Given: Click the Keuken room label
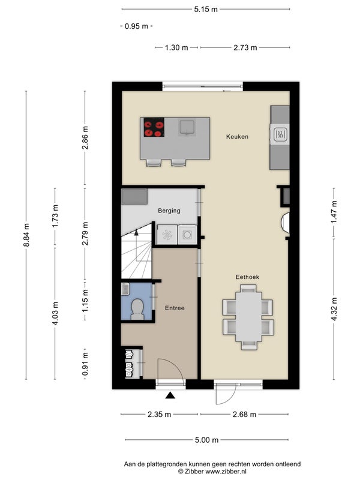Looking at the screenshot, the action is (x=237, y=137).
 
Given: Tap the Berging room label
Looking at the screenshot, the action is (x=169, y=211).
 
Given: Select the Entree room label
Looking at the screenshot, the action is (x=175, y=308).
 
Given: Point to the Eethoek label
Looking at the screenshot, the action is (x=247, y=277).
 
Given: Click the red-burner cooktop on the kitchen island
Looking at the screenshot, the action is (x=154, y=127).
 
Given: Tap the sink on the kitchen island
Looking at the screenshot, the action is (x=187, y=128).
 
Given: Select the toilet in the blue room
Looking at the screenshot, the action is (x=137, y=309).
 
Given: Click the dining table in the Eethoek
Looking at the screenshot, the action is (x=248, y=317).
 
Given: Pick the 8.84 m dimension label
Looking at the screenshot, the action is (x=26, y=235).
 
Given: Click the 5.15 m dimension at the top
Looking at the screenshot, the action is (x=206, y=9).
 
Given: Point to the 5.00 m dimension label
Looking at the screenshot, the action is (x=206, y=440).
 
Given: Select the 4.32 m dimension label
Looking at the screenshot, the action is (x=334, y=309).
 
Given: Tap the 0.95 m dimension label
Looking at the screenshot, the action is (x=136, y=26).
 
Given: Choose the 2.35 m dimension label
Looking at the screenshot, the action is (x=159, y=415).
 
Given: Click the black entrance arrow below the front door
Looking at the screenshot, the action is (x=170, y=395).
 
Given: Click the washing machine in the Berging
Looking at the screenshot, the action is (x=187, y=235).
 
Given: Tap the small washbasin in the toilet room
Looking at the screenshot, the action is (x=125, y=289).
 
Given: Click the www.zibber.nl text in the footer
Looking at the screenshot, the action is (x=226, y=472).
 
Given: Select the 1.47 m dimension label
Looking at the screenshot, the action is (x=334, y=212).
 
